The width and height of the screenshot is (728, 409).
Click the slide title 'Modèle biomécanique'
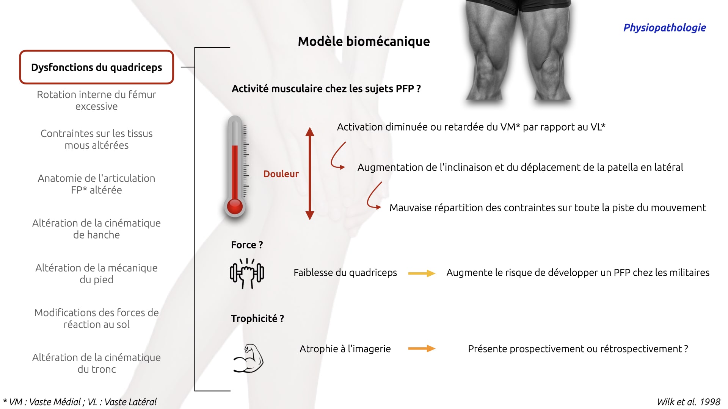(x=364, y=41)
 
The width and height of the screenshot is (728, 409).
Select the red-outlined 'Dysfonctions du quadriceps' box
(x=97, y=67)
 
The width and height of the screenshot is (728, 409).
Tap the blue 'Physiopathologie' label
(x=664, y=28)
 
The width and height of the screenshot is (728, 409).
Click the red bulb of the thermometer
(x=235, y=207)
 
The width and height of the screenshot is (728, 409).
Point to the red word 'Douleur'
(x=281, y=174)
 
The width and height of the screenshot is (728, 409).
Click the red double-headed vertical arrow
(x=310, y=173)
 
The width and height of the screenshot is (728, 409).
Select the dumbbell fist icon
(x=247, y=273)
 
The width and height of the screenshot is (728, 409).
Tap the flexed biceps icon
(x=248, y=358)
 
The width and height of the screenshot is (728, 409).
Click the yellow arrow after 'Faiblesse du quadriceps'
(x=422, y=273)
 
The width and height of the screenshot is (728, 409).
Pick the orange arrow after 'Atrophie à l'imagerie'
(x=422, y=348)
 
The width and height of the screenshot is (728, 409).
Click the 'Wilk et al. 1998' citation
(x=689, y=402)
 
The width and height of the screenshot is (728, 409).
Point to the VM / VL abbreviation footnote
(x=80, y=402)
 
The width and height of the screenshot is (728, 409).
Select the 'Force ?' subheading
(x=247, y=245)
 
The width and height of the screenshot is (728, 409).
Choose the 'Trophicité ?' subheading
(x=257, y=318)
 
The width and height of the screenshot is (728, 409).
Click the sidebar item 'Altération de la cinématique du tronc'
(x=97, y=363)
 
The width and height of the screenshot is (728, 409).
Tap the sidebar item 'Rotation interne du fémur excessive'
(x=97, y=100)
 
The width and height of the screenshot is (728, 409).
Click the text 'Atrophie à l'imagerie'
(x=345, y=349)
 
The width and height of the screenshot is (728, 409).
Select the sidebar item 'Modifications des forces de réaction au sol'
(x=97, y=318)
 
